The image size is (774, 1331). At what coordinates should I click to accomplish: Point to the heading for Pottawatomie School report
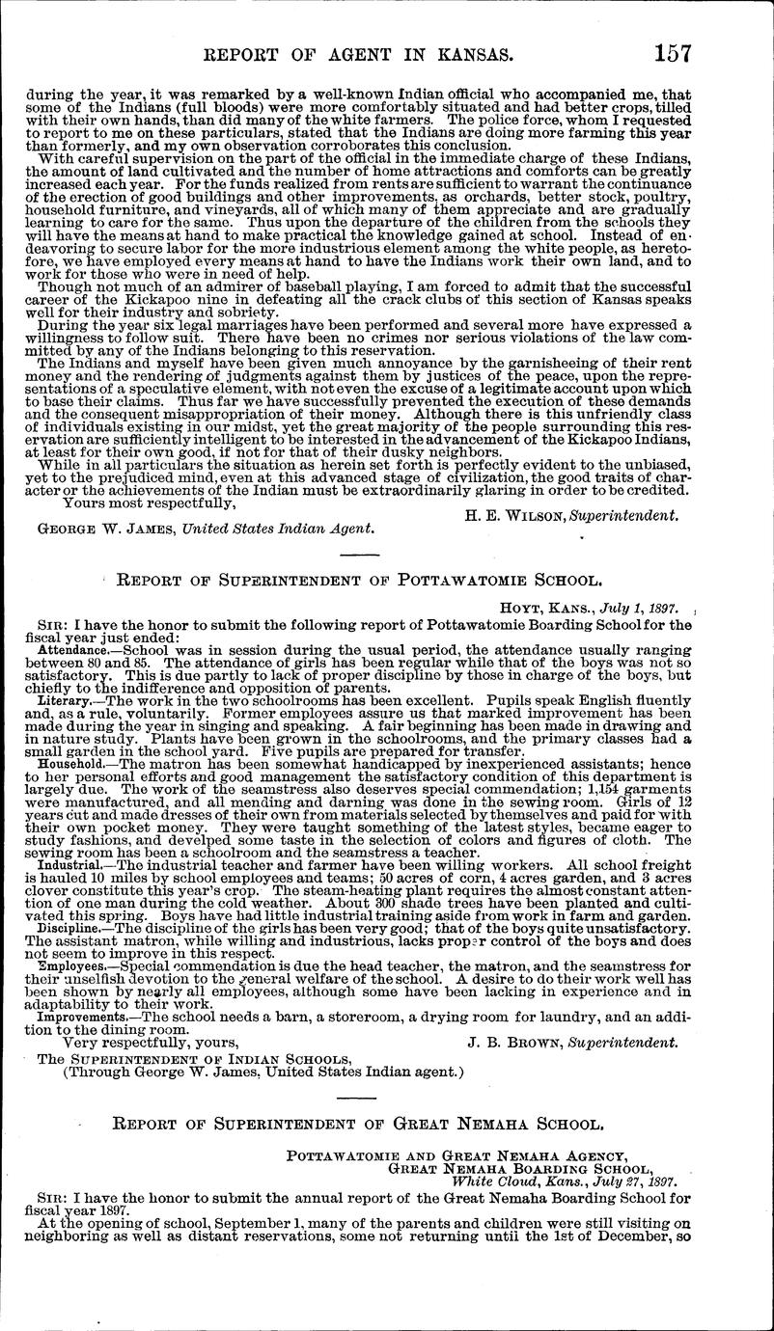(359, 581)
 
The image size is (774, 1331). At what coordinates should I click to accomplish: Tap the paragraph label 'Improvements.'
(77, 1017)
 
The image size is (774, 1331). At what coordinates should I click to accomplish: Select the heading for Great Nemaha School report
(359, 1123)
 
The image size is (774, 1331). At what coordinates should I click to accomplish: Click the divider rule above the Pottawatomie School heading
(359, 555)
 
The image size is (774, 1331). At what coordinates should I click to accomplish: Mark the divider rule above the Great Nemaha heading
(359, 1097)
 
